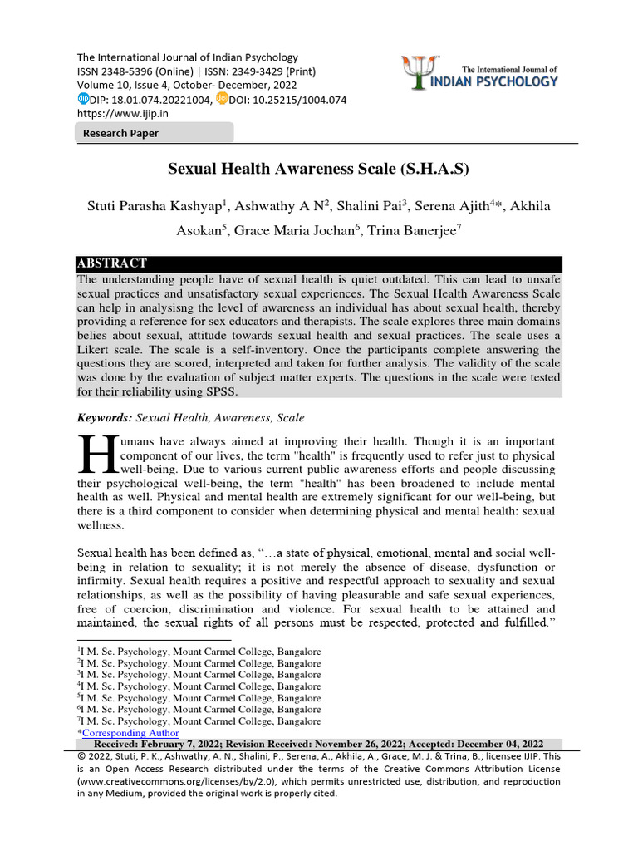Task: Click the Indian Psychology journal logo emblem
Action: [x=417, y=72]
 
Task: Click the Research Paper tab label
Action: [x=120, y=133]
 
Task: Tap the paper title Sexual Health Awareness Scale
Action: [x=318, y=170]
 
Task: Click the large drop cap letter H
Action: [x=96, y=454]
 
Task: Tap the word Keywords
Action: [x=106, y=417]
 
